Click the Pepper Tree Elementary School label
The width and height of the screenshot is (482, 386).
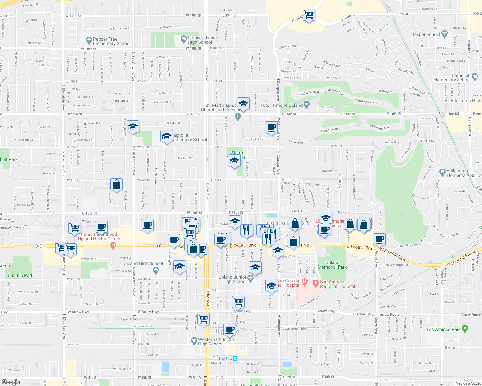tap(111, 41)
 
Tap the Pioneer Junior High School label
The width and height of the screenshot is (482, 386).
tap(202, 40)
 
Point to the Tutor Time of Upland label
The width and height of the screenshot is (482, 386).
tap(281, 105)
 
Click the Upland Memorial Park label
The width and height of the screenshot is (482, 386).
tap(332, 265)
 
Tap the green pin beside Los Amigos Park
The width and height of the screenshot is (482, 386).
tap(464, 329)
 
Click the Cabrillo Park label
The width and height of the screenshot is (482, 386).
tap(20, 275)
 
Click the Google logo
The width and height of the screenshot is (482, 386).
tap(11, 382)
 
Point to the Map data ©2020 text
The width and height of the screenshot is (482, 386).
tap(468, 383)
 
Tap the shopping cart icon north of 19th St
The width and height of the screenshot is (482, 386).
tap(309, 14)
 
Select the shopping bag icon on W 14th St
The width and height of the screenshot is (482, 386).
tap(117, 184)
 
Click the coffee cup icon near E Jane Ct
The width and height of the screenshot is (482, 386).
tap(271, 127)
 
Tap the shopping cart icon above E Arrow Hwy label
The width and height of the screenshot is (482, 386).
tap(238, 302)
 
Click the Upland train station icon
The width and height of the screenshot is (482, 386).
tap(235, 358)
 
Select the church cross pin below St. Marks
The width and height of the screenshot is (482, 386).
tap(238, 116)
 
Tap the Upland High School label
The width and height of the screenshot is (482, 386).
tap(143, 263)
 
